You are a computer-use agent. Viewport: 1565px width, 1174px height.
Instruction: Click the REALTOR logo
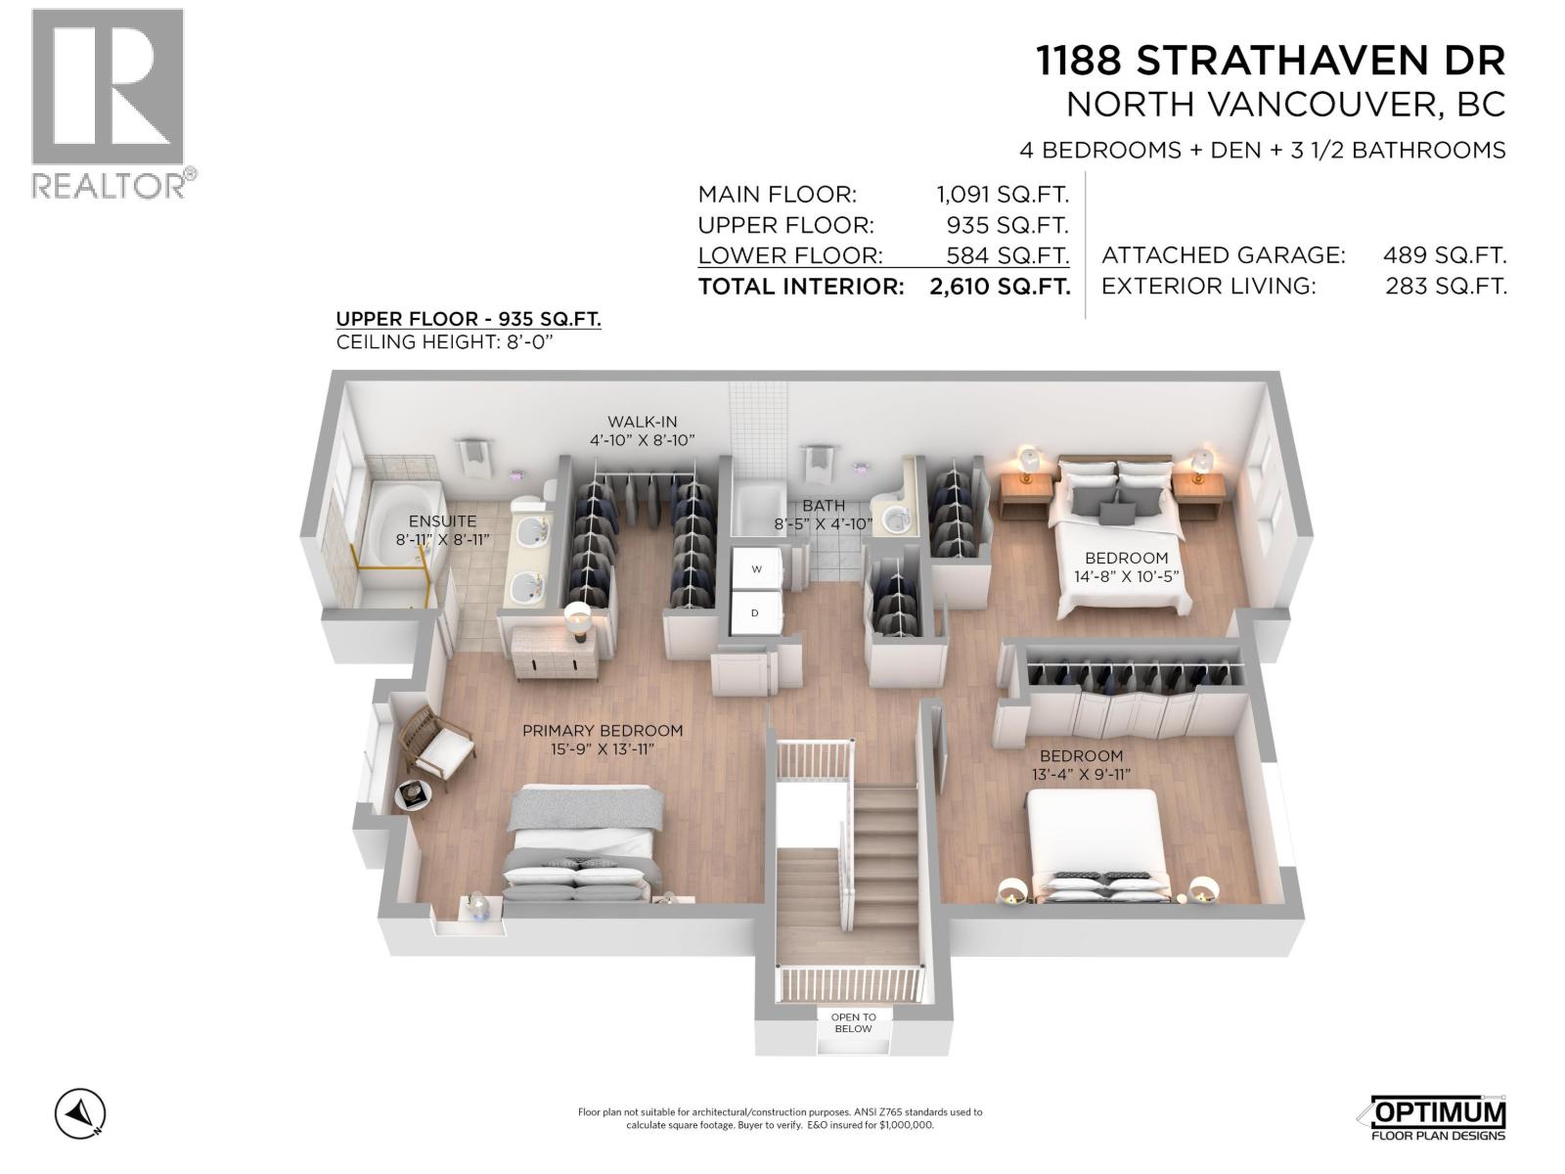pos(108,103)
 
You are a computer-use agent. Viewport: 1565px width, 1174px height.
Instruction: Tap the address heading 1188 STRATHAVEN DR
pos(1271,62)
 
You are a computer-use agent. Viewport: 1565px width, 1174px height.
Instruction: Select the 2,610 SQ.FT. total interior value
pos(1000,287)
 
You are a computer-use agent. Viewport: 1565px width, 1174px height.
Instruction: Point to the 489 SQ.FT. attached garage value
pos(1444,255)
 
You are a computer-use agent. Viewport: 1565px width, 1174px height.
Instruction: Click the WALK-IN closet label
pos(642,422)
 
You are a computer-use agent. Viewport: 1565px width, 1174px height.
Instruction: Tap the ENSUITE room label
pos(442,521)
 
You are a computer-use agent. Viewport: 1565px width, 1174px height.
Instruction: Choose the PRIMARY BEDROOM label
pos(602,731)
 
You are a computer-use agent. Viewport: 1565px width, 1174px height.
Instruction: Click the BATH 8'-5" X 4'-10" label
pos(823,515)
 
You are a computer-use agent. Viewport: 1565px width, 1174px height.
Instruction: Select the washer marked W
pos(756,568)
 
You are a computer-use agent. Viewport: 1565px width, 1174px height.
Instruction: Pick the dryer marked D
pos(755,613)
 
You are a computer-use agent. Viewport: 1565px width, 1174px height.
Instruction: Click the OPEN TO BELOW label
pos(853,1022)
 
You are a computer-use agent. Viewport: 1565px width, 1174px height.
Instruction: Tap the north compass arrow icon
pos(80,1113)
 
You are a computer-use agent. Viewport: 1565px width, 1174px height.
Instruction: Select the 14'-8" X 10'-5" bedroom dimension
pos(1126,577)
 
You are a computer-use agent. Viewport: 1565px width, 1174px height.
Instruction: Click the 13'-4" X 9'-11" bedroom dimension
pos(1080,775)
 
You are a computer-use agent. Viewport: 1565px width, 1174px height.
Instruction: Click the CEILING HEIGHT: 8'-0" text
pos(454,341)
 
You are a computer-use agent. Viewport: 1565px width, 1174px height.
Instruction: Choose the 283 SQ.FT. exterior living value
pos(1446,287)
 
